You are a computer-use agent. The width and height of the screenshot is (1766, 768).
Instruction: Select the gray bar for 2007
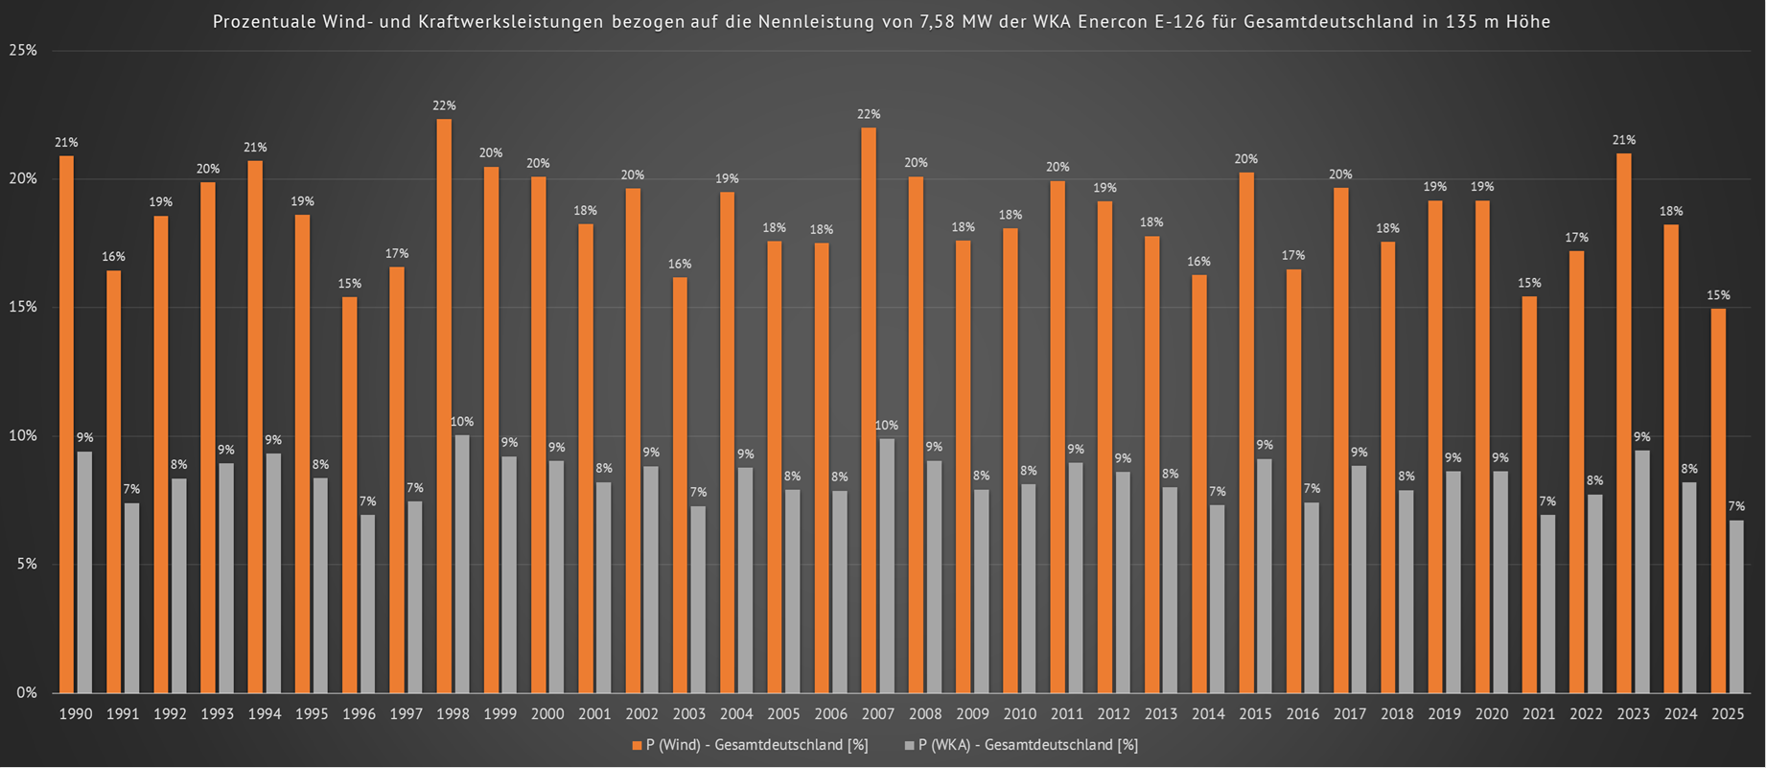click(x=887, y=566)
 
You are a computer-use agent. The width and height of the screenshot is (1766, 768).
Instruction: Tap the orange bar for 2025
click(x=1719, y=500)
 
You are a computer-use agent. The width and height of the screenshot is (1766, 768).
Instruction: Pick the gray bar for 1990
click(x=84, y=571)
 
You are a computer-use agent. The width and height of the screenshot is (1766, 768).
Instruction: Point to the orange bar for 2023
click(x=1624, y=423)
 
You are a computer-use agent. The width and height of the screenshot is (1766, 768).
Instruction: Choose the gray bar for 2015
click(x=1265, y=575)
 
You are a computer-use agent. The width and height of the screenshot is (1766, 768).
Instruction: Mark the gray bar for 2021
click(x=1547, y=603)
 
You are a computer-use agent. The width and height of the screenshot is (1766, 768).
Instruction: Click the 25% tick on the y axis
click(x=23, y=51)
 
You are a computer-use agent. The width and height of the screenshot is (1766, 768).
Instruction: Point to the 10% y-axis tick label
click(x=23, y=436)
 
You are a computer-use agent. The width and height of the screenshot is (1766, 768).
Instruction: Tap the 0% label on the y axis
click(x=27, y=692)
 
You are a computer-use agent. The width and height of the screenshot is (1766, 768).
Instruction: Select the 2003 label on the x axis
click(x=689, y=714)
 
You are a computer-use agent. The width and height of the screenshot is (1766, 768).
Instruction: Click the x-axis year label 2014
click(x=1208, y=714)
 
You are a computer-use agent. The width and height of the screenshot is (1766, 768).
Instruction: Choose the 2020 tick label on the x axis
click(x=1492, y=714)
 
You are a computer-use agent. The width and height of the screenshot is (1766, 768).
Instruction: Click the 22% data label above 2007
click(x=869, y=115)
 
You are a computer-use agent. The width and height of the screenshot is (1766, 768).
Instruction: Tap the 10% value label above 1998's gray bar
click(x=462, y=422)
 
